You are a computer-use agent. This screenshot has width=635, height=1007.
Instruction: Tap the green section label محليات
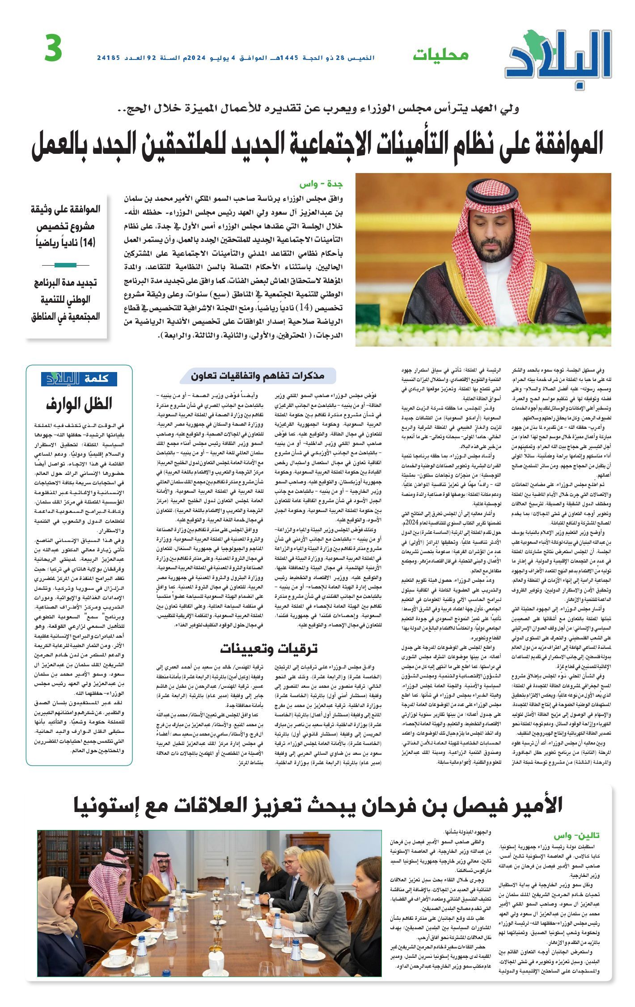click(x=440, y=55)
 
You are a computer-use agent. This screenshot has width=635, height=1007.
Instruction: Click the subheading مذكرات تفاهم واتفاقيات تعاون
click(x=258, y=376)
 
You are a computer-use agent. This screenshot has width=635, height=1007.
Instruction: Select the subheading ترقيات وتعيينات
click(x=269, y=648)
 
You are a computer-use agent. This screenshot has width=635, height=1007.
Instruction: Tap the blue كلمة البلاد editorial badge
click(x=79, y=379)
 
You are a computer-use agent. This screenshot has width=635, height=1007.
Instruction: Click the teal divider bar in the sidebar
click(x=65, y=265)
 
